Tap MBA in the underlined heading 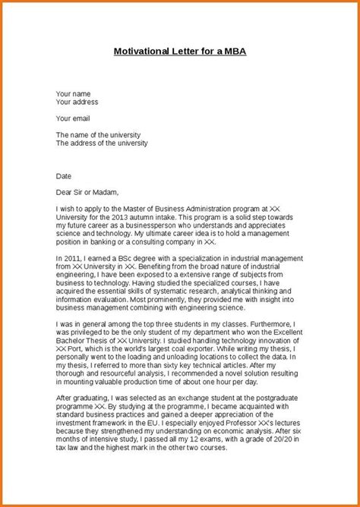(x=232, y=52)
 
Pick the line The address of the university (x=102, y=143)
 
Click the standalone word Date (x=63, y=175)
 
